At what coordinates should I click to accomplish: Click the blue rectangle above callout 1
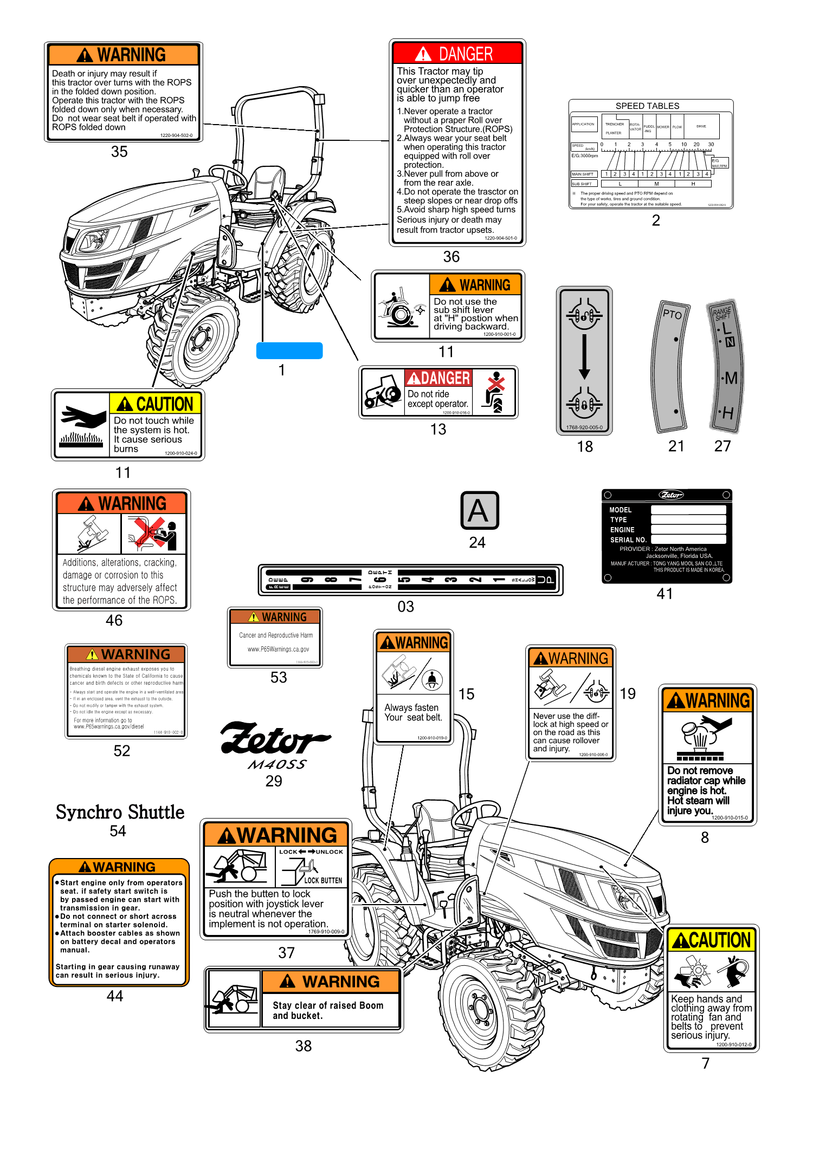[x=289, y=350]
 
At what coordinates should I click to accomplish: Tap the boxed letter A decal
[x=479, y=510]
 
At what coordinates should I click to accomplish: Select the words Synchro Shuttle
[x=120, y=812]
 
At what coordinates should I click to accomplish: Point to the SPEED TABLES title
[x=647, y=106]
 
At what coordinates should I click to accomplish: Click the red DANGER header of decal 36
[x=457, y=54]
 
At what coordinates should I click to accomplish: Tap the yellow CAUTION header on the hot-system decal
[x=156, y=404]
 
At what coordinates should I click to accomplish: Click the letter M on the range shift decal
[x=731, y=378]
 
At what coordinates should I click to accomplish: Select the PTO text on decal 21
[x=672, y=314]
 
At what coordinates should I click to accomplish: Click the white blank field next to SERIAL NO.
[x=688, y=540]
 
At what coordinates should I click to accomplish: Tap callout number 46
[x=114, y=620]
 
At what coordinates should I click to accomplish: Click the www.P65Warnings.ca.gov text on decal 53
[x=278, y=649]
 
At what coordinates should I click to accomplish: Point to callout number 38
[x=303, y=1046]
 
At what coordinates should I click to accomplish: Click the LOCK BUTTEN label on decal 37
[x=322, y=880]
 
